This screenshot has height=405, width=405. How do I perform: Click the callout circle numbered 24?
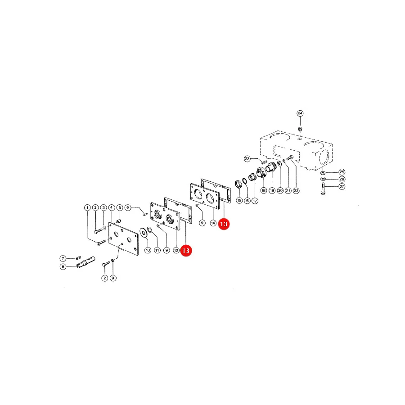[300, 113]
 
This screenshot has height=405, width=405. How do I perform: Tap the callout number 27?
[342, 186]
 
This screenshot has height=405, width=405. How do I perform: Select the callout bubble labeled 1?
[87, 207]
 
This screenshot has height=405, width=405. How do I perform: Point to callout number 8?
[63, 266]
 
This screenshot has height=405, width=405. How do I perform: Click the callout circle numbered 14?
[213, 223]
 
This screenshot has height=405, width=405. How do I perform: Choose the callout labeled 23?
[247, 158]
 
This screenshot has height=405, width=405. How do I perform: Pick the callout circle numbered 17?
[255, 200]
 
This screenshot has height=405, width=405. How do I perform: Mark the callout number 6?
[128, 207]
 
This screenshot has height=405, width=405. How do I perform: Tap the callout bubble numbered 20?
[280, 190]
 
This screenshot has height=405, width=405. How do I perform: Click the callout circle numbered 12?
[176, 250]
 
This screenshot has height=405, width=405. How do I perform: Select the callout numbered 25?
[342, 172]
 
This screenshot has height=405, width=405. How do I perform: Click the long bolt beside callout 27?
[323, 189]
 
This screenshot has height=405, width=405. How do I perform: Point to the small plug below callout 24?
[300, 129]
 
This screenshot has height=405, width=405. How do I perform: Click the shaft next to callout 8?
[86, 262]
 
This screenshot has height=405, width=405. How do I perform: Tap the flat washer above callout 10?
[143, 232]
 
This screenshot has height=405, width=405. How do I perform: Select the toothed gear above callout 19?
[271, 168]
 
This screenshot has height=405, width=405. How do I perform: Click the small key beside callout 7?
[78, 257]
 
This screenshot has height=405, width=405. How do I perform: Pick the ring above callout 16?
[244, 181]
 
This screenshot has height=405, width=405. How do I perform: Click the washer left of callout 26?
[323, 179]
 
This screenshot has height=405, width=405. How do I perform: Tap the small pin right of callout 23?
[264, 162]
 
